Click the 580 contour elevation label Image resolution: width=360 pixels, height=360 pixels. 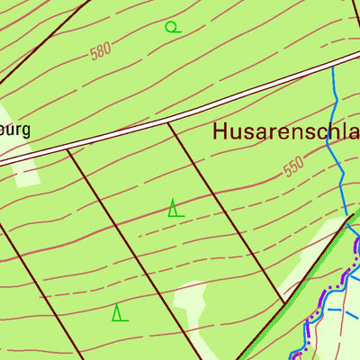(x=101, y=51)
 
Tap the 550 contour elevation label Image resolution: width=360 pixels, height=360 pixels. (x=293, y=167)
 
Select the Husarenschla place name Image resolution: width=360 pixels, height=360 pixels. (x=286, y=132)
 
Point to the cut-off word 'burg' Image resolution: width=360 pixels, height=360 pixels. (x=15, y=129)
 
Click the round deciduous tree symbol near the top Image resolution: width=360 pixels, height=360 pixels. (x=172, y=26)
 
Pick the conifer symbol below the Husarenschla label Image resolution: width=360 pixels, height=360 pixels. (x=175, y=209)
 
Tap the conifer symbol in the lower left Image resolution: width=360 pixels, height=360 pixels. (x=119, y=313)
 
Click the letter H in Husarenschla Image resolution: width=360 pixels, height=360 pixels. (x=221, y=132)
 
